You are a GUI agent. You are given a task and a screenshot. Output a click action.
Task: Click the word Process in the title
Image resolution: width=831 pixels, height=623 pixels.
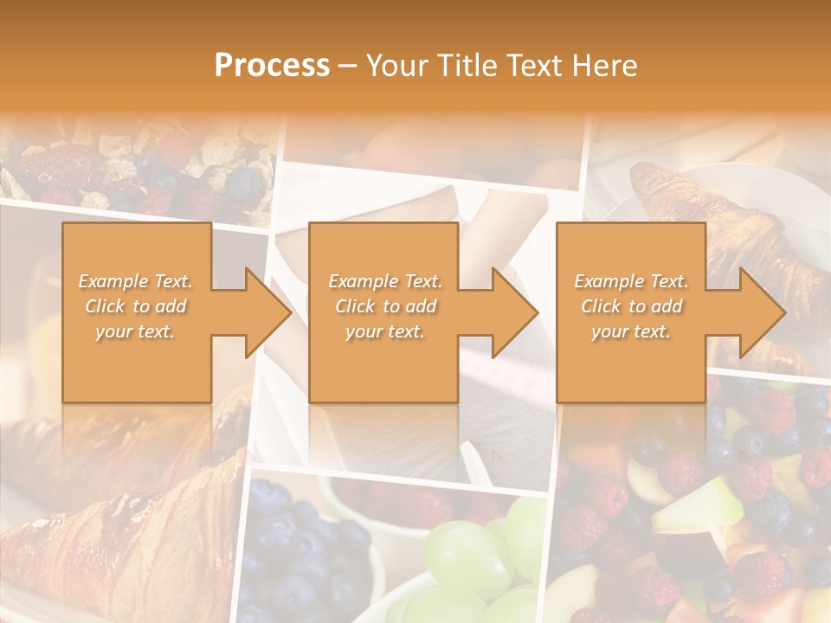(272, 66)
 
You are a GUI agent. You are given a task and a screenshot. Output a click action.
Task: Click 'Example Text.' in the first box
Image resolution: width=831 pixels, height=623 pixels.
(135, 281)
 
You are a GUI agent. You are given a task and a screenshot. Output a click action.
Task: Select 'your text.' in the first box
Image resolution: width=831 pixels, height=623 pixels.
(135, 331)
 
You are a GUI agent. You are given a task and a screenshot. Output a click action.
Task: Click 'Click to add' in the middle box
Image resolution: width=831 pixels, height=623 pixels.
(385, 306)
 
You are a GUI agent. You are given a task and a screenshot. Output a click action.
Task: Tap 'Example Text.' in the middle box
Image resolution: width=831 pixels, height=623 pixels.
(385, 281)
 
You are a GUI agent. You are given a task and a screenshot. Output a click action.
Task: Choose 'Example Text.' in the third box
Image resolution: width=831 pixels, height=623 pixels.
(631, 281)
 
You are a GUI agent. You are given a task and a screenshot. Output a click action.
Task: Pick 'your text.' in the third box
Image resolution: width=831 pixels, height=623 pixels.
(631, 331)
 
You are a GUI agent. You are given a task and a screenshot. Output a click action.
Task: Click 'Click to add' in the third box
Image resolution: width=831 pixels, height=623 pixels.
(631, 306)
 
